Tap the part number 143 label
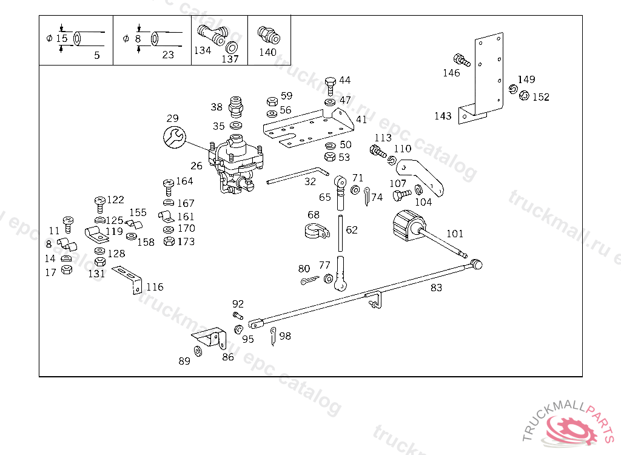click(x=443, y=116)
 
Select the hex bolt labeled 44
click(x=330, y=84)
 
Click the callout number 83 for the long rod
click(x=436, y=288)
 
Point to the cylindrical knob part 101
click(x=404, y=227)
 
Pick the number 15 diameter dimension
click(x=61, y=39)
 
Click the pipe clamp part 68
click(x=315, y=231)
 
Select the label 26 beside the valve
click(x=196, y=166)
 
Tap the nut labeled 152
click(x=525, y=95)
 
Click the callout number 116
click(x=155, y=287)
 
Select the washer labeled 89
click(x=198, y=351)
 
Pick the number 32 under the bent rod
click(x=310, y=181)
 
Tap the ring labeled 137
click(x=232, y=47)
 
